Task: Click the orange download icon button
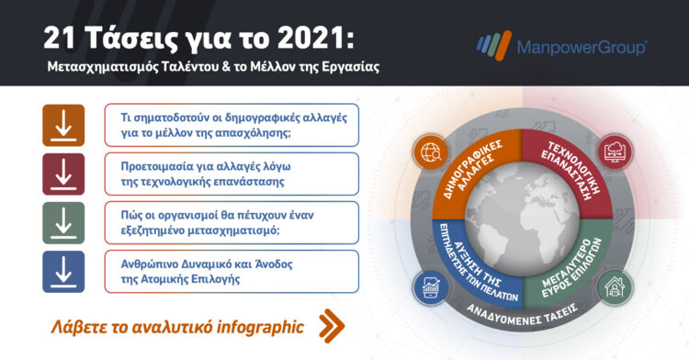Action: [x=63, y=126]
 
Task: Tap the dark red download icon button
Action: [x=63, y=174]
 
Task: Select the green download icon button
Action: [x=63, y=223]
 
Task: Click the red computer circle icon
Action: [x=614, y=151]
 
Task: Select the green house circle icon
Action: [x=614, y=287]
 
